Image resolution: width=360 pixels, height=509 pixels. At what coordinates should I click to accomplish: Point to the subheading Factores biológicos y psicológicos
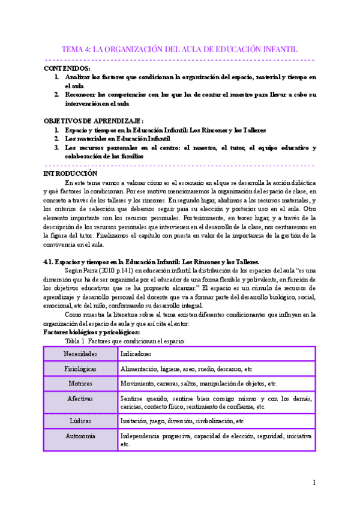pos(91,332)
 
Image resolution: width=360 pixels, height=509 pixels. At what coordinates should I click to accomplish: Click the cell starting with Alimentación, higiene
pos(186,369)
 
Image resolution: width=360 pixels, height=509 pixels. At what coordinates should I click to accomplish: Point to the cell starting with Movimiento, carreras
pos(199,384)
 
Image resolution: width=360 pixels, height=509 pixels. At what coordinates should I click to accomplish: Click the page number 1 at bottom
pos(314,483)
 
